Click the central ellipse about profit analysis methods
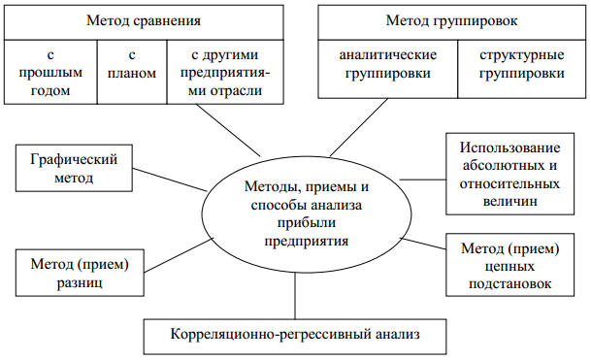pyautogui.click(x=296, y=210)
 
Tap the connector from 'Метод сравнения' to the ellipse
pyautogui.click(x=234, y=130)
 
